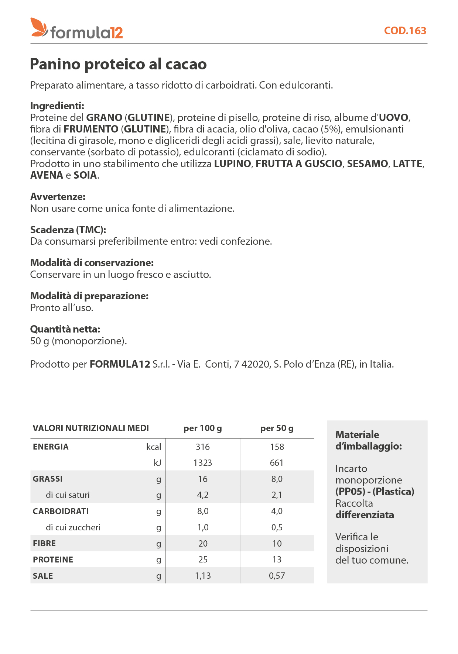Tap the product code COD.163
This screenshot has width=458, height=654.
pyautogui.click(x=405, y=31)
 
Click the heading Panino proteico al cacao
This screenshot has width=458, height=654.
pyautogui.click(x=118, y=64)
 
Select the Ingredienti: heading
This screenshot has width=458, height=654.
pyautogui.click(x=57, y=106)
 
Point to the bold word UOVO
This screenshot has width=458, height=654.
pyautogui.click(x=394, y=118)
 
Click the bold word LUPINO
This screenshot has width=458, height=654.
pyautogui.click(x=232, y=164)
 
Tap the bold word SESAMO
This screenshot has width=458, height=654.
pyautogui.click(x=368, y=164)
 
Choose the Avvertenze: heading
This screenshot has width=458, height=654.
pyautogui.click(x=58, y=197)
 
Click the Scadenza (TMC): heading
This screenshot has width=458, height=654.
pyautogui.click(x=68, y=230)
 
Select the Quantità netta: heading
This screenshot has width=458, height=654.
pyautogui.click(x=65, y=329)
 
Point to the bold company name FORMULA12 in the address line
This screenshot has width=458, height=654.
pyautogui.click(x=120, y=364)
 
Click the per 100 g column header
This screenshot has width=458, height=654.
pyautogui.click(x=202, y=428)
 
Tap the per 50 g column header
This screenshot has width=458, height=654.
pyautogui.click(x=277, y=428)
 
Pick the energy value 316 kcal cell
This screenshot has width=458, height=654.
pyautogui.click(x=202, y=447)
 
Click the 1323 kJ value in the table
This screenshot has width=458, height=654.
pyautogui.click(x=202, y=463)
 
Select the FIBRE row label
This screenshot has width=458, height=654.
pyautogui.click(x=44, y=544)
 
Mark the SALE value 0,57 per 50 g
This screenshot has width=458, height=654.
pyautogui.click(x=277, y=576)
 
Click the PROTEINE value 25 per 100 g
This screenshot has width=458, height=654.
pyautogui.click(x=202, y=560)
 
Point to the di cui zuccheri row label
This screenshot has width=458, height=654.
pyautogui.click(x=73, y=527)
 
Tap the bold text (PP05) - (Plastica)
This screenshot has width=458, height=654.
pyautogui.click(x=375, y=492)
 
